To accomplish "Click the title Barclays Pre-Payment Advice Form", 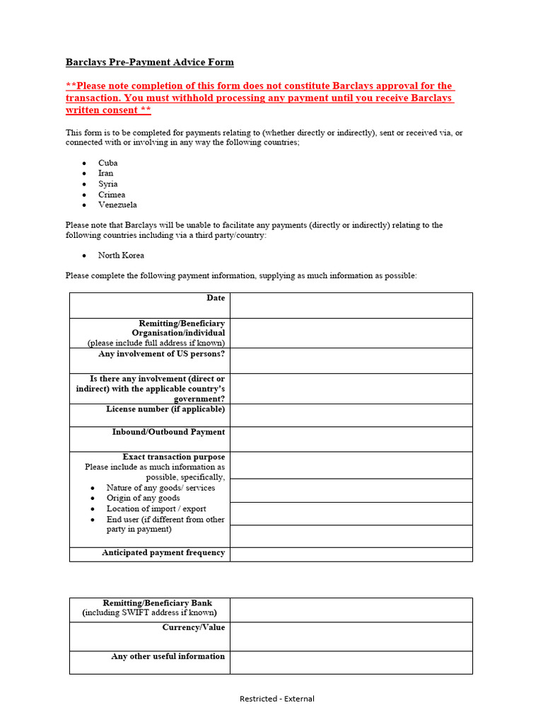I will (x=149, y=62).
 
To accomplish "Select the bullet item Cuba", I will (x=108, y=163).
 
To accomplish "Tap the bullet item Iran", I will (x=105, y=173).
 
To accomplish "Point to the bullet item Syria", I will (x=108, y=184).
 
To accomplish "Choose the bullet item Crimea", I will (x=112, y=195).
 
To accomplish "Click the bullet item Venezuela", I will (x=117, y=205).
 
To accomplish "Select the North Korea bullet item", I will (x=121, y=255).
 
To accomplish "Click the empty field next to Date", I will (x=351, y=305).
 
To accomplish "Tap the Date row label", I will (x=216, y=298).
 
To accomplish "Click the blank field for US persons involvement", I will (x=351, y=360).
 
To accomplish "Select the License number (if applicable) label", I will (x=165, y=409).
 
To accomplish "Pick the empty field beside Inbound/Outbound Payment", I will (x=351, y=439).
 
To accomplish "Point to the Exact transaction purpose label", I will (x=174, y=457).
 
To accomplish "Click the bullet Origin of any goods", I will (x=143, y=498).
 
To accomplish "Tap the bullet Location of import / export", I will (x=156, y=508).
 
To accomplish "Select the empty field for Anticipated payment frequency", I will (x=351, y=554).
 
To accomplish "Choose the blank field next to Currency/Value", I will (x=351, y=636).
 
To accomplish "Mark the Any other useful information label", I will (x=168, y=656).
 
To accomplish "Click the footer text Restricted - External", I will (x=276, y=699).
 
